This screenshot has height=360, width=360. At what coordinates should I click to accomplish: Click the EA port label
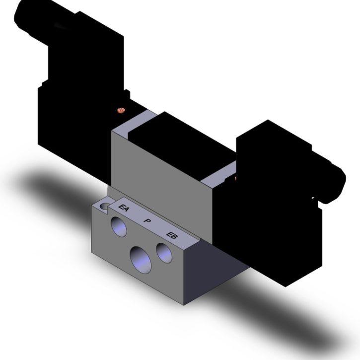[x=124, y=208]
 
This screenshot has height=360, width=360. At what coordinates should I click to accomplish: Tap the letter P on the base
[x=147, y=221]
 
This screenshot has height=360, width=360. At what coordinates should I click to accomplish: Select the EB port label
[x=171, y=235]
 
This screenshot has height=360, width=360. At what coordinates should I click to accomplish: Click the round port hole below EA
[x=119, y=227]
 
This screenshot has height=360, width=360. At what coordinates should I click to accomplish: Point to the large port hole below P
[x=141, y=260]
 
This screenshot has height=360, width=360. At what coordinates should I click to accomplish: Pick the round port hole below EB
[x=164, y=253]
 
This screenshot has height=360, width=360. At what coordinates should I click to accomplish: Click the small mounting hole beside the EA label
[x=105, y=207]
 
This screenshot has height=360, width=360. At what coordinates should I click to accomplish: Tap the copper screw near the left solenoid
[x=121, y=110]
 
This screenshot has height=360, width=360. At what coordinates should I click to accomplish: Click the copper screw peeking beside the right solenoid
[x=235, y=178]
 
